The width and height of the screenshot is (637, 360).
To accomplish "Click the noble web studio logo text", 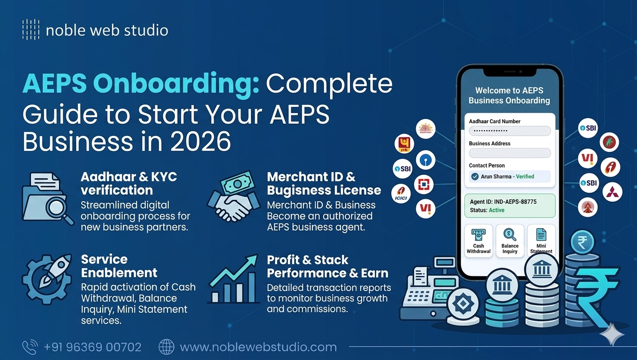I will click(x=107, y=30).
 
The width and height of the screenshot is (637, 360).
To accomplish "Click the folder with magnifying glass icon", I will click(x=47, y=197).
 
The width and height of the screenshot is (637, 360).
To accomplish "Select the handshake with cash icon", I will click(x=234, y=197).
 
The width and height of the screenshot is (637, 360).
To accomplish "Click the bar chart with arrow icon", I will click(x=234, y=278).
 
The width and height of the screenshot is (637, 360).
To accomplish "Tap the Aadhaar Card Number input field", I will click(x=509, y=131).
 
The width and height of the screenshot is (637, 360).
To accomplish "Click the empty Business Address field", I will click(x=509, y=153).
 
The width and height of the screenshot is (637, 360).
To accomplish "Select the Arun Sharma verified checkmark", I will click(x=475, y=177).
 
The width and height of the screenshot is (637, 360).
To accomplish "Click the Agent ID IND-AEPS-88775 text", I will click(x=503, y=202).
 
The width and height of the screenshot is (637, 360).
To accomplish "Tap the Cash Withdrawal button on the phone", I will click(x=478, y=240).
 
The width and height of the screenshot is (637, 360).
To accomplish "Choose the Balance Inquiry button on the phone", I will click(x=510, y=240).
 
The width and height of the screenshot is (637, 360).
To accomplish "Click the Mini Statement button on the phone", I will click(x=541, y=240).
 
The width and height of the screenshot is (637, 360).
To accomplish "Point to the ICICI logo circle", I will click(x=401, y=193).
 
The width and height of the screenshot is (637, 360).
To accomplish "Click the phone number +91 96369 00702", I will click(x=92, y=347).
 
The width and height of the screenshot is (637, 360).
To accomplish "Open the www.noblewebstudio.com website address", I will click(x=258, y=347).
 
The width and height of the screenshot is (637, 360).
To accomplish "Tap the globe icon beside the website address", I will click(x=167, y=347).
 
